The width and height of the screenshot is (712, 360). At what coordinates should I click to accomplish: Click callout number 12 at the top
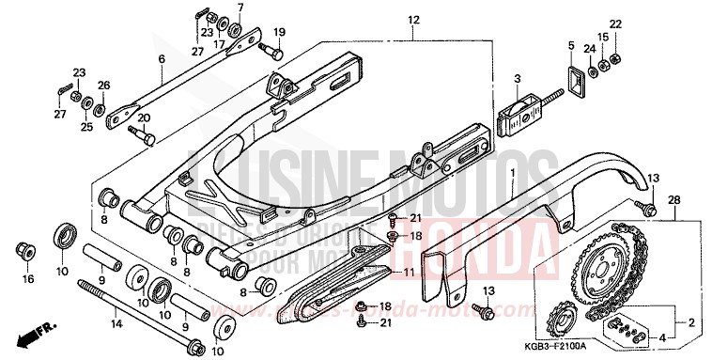[x=412, y=20]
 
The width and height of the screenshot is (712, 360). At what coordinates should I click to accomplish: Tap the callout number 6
[x=162, y=58]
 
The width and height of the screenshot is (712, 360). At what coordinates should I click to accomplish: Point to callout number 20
[x=144, y=117]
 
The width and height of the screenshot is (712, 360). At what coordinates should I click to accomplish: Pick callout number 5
[x=569, y=44]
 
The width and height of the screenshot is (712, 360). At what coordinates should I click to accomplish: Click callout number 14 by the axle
[x=116, y=324]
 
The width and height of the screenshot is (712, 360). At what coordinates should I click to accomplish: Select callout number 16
[x=27, y=279]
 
